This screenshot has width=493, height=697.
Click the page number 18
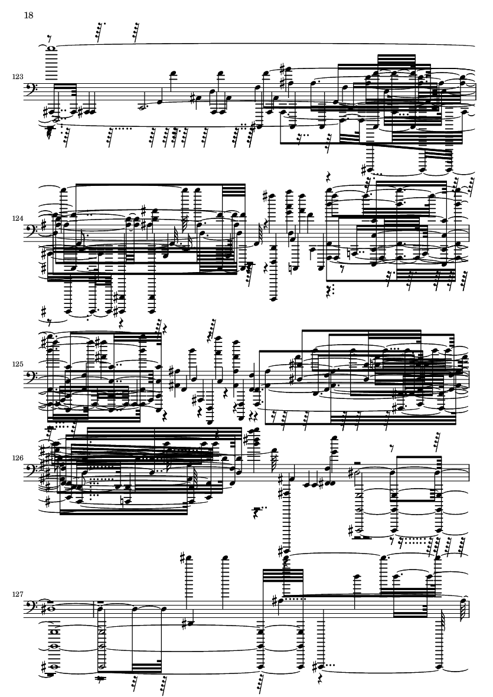[x=28, y=15]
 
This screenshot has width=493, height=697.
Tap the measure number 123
[x=18, y=77]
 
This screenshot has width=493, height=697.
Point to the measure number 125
[x=18, y=364]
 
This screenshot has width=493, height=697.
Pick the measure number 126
[x=18, y=457]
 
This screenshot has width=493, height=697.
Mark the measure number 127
[x=18, y=594]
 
